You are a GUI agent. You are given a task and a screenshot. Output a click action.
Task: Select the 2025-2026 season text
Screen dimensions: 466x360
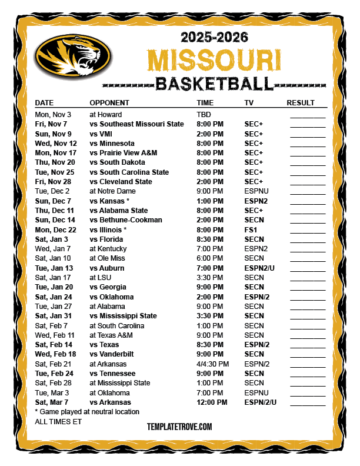tap(214, 38)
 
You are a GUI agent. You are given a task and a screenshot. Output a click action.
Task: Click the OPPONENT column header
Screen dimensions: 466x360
tap(109, 103)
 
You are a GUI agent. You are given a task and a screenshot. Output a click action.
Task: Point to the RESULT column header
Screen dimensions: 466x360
tap(301, 103)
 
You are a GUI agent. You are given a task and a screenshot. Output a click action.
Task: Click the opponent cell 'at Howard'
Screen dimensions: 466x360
tap(105, 114)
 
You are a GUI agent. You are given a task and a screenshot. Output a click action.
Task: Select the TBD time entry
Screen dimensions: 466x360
tap(204, 114)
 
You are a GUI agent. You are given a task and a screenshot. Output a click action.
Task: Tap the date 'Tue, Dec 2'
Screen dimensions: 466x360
tap(52, 191)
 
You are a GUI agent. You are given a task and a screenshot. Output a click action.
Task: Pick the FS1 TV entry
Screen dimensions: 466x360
tap(251, 229)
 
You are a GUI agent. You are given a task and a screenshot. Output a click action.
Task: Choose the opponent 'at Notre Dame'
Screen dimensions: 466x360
tap(112, 191)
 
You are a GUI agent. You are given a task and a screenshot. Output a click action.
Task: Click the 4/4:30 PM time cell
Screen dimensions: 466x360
tap(213, 364)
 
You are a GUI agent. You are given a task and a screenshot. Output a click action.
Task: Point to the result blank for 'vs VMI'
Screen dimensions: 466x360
tap(307, 134)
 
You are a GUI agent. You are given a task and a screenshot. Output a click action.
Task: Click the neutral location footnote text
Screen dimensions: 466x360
tap(87, 412)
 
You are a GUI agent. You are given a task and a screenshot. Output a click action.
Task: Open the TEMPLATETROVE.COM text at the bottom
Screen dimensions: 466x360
tap(179, 427)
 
